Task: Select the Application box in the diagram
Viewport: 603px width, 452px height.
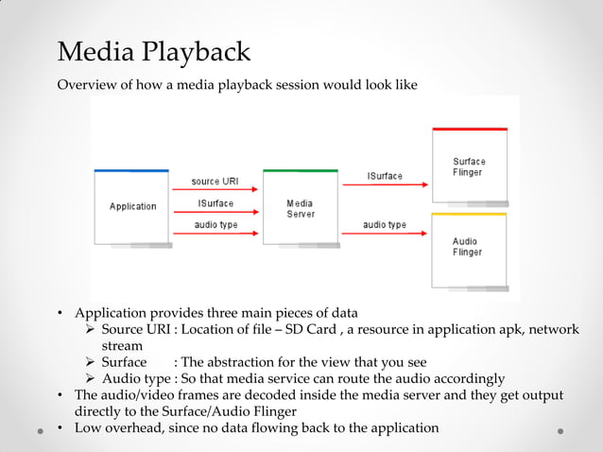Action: pos(132,206)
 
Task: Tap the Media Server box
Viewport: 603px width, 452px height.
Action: pos(300,208)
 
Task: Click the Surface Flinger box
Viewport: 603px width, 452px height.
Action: pos(468,167)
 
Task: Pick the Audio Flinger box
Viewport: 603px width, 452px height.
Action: pos(468,248)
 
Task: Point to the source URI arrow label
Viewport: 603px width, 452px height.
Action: pos(215,182)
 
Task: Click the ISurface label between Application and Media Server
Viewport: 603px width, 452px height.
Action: pos(215,203)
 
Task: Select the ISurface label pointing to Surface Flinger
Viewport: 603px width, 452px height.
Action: pos(385,177)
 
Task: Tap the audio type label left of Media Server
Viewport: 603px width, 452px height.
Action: pos(215,225)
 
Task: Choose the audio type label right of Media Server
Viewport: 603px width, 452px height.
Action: pos(385,225)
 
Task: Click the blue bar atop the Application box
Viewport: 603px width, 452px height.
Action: pos(131,171)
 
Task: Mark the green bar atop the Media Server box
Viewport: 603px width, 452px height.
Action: pos(300,171)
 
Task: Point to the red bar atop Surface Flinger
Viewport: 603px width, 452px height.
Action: pos(469,129)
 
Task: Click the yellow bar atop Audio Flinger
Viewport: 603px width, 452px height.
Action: pos(469,215)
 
